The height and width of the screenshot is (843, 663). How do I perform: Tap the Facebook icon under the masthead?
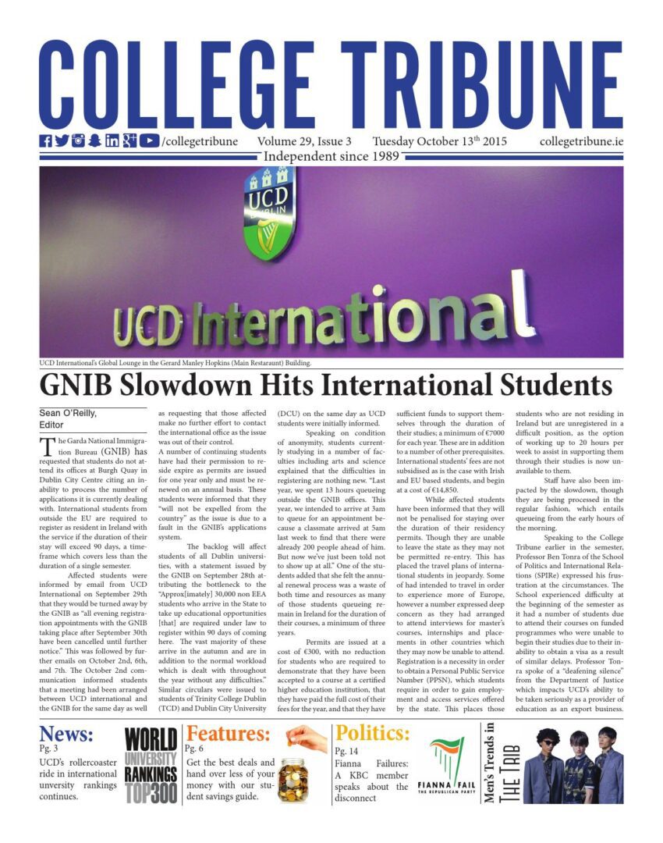(x=45, y=141)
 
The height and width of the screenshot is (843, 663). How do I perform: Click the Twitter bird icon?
(x=62, y=141)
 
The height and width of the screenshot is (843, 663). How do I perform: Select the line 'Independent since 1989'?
(x=331, y=157)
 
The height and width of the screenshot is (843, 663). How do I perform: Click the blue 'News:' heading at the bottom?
(x=66, y=734)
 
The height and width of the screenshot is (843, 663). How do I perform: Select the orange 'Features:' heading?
(x=229, y=734)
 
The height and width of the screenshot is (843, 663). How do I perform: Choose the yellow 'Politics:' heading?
(x=372, y=734)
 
